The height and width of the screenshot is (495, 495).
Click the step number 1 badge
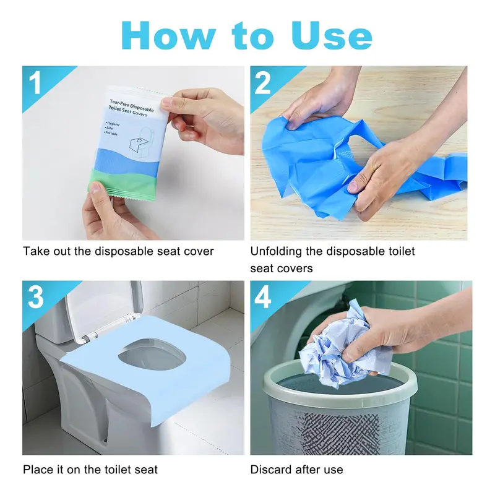coord(37,83)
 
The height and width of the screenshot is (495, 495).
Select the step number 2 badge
coord(264,83)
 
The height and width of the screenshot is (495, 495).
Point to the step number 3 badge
coord(37,298)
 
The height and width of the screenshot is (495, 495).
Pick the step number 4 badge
coord(264,298)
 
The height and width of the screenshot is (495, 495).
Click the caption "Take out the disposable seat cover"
coord(118,251)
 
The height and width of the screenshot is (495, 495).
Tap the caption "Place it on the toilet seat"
coord(90,470)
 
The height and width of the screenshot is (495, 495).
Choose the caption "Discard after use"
coord(296,470)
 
